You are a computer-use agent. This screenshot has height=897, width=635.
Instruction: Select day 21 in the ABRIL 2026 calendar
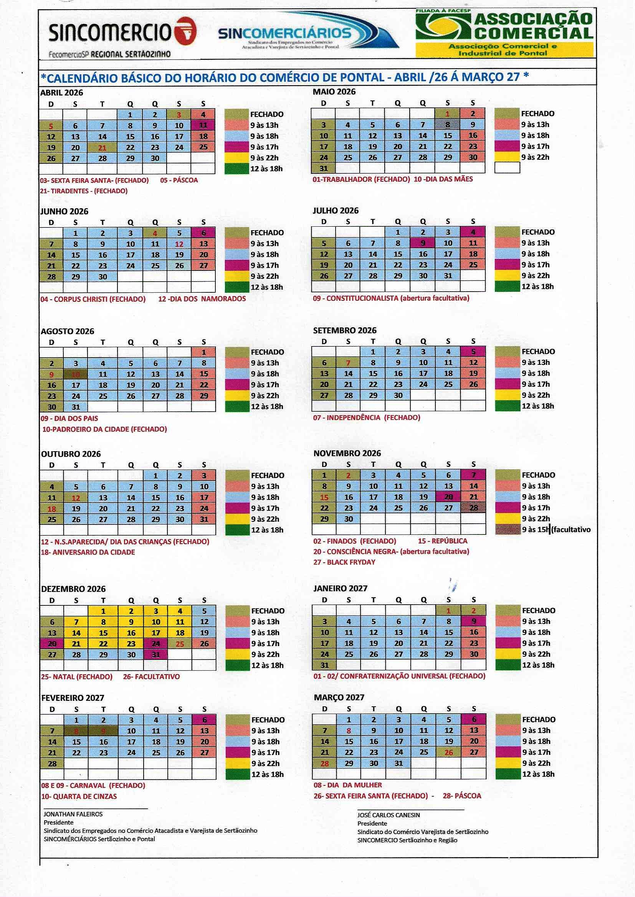(x=102, y=148)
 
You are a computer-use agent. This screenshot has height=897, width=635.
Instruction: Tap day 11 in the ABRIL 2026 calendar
(x=203, y=125)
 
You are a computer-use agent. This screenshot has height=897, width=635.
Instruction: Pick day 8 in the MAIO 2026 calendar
(x=448, y=125)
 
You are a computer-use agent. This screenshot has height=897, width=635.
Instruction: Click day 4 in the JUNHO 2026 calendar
(x=155, y=233)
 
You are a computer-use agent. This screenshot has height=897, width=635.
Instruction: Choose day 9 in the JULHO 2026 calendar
(x=423, y=243)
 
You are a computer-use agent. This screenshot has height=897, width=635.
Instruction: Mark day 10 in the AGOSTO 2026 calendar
(x=76, y=374)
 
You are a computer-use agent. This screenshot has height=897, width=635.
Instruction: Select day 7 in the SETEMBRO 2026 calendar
(x=348, y=363)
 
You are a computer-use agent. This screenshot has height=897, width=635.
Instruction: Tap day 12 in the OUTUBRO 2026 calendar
(x=76, y=498)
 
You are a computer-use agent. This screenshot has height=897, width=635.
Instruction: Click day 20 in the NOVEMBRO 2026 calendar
(x=448, y=497)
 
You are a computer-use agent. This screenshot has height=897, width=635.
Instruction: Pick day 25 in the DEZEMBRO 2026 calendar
(x=180, y=644)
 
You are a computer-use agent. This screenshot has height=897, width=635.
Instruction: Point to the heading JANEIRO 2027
(x=340, y=589)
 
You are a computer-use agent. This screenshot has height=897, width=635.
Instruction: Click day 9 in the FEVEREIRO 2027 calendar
(x=103, y=731)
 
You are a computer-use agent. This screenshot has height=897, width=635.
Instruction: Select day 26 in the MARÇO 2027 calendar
(x=448, y=752)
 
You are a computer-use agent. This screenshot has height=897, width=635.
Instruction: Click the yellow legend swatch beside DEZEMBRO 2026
(x=237, y=655)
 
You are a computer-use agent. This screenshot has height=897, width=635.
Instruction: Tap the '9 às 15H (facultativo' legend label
(x=556, y=530)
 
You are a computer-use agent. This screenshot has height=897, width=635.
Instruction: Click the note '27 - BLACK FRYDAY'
(x=344, y=562)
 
